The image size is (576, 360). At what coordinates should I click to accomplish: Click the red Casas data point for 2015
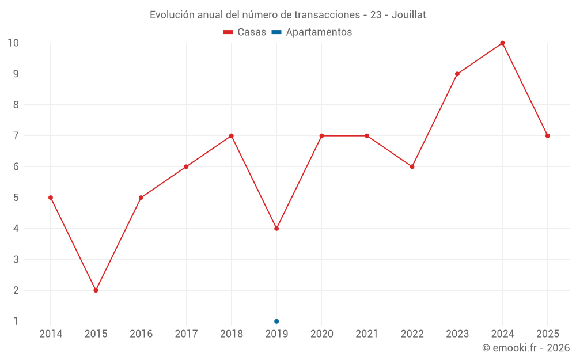point(96,290)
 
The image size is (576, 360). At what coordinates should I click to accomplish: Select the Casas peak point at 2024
point(502,43)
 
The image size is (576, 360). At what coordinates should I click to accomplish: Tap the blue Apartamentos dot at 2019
point(276,321)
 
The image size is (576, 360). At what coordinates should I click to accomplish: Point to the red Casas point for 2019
point(276,229)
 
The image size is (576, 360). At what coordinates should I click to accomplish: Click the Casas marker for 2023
point(457,74)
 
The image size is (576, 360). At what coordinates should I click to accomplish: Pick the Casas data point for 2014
point(51,198)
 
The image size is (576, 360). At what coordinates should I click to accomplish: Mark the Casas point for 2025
point(548,136)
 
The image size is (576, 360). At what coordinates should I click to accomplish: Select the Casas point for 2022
point(412,167)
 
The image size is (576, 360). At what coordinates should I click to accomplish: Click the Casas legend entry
point(245,32)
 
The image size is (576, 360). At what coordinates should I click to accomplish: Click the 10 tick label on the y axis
point(13,43)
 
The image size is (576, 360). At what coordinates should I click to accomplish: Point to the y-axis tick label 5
point(16,198)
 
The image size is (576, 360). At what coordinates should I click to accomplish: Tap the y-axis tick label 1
point(16,321)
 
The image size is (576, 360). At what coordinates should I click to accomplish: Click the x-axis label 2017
point(186,334)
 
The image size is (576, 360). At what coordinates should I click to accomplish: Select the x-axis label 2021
point(367,334)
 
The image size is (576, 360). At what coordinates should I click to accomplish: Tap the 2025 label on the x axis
point(548,334)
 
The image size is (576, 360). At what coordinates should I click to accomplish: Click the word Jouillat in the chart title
point(408,15)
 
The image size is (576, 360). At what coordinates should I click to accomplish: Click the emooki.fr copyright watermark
point(526,348)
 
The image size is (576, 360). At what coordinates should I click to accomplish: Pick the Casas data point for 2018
point(231,136)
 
